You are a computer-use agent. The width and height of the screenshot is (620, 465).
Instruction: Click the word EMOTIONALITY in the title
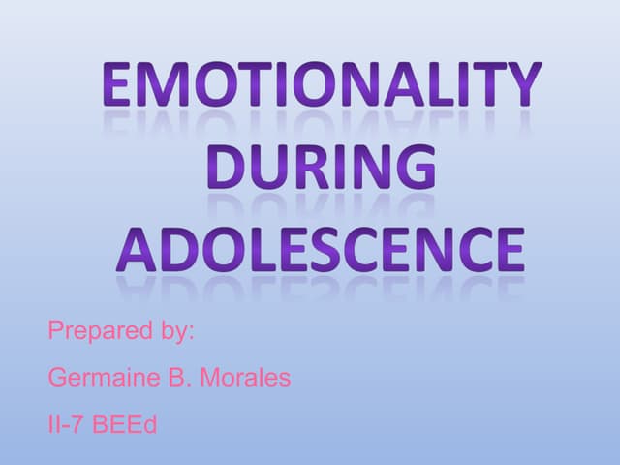[320, 85]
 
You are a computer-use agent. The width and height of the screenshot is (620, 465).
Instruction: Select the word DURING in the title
[321, 167]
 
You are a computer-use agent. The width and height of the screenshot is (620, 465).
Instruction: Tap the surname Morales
[244, 378]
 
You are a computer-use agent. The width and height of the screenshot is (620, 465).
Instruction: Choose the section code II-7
[67, 423]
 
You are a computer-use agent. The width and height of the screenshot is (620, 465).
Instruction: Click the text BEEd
[124, 423]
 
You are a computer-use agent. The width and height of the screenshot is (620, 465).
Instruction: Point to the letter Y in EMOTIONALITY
[522, 85]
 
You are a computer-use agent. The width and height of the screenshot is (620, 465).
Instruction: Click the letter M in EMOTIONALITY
[158, 85]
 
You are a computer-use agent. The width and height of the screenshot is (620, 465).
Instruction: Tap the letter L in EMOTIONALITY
[442, 85]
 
